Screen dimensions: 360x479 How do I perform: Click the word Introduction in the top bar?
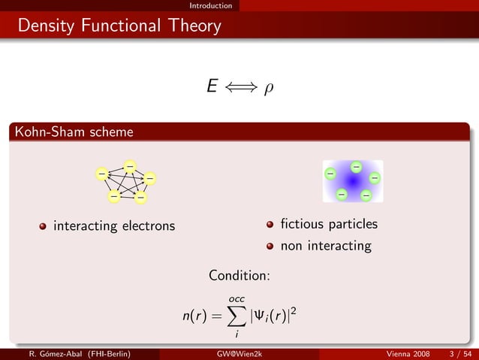coord(210,5)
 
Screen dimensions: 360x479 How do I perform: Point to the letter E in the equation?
coord(212,87)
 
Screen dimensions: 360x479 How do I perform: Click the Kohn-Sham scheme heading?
coord(72,132)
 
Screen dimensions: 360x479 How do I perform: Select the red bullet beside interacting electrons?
coord(44,226)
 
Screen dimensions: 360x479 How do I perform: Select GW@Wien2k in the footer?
coord(239,353)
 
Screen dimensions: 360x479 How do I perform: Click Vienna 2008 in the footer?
coord(408,353)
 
